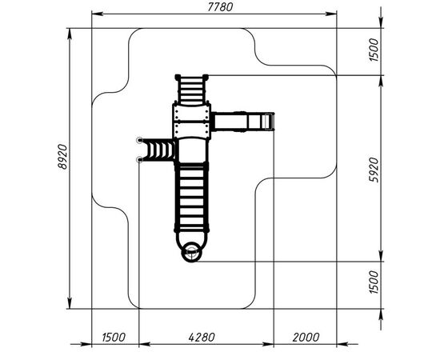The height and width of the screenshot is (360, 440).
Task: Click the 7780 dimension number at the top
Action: [220, 7]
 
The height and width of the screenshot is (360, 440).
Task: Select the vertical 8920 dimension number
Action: [63, 157]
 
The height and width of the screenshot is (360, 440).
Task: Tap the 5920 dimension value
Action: [374, 170]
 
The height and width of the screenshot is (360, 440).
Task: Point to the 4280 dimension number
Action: [202, 337]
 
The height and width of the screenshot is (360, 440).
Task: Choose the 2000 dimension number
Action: [306, 337]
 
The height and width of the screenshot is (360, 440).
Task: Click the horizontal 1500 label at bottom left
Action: [114, 337]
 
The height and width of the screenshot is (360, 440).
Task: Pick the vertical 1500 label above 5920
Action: [374, 50]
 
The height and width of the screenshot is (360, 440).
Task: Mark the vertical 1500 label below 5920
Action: [374, 282]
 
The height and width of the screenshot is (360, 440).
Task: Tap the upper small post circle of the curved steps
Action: [139, 140]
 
